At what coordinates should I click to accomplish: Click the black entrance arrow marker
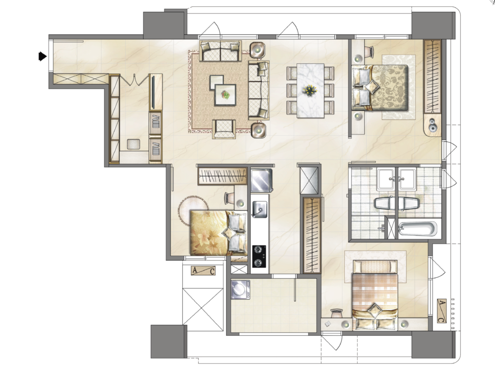click(43, 57)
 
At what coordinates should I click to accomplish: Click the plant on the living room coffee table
click(225, 94)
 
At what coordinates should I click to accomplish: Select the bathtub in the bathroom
click(418, 228)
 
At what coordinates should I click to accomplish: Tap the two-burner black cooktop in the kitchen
click(259, 257)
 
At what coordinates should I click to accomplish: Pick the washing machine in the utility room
click(240, 290)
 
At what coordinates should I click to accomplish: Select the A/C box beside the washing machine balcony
click(204, 271)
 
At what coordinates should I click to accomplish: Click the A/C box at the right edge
click(442, 311)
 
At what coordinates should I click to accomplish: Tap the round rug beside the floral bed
click(193, 210)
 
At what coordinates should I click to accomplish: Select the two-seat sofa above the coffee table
click(220, 51)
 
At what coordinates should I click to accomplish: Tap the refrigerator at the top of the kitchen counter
click(262, 181)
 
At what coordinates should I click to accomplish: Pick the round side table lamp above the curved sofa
click(258, 50)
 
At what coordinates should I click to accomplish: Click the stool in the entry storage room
click(134, 144)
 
